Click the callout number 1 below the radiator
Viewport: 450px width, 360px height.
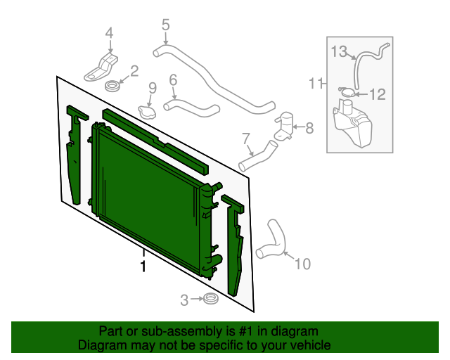click(143, 266)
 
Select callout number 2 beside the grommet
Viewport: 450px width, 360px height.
click(134, 71)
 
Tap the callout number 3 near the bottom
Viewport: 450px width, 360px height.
click(184, 300)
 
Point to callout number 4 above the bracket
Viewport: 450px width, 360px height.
click(109, 32)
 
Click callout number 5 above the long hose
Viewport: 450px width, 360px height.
click(165, 26)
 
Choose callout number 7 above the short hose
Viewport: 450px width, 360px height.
click(246, 137)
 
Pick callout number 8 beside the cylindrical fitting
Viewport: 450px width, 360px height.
click(310, 127)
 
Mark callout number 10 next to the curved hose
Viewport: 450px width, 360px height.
click(302, 264)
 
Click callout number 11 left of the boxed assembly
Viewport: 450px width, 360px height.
click(315, 84)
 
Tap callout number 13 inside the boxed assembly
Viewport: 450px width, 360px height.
click(340, 51)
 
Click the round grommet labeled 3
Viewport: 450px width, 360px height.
click(209, 300)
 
